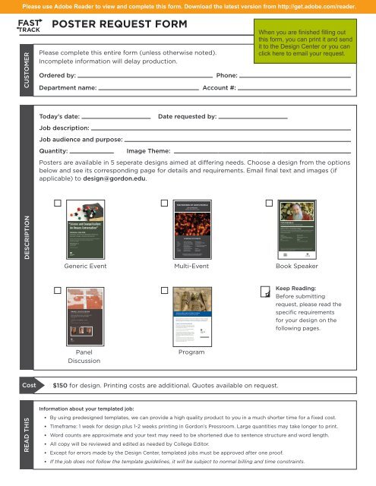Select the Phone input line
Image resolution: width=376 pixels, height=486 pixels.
point(295,77)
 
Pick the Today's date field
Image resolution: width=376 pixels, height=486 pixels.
point(115,118)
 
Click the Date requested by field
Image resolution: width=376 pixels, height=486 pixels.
point(254,118)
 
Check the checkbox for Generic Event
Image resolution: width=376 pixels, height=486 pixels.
point(58,204)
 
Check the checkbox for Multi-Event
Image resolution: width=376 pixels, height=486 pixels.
point(164,204)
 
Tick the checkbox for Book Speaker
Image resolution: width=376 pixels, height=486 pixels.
point(269,204)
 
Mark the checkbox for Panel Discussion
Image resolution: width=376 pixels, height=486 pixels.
point(58,291)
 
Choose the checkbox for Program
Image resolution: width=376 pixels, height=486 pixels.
point(164,291)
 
